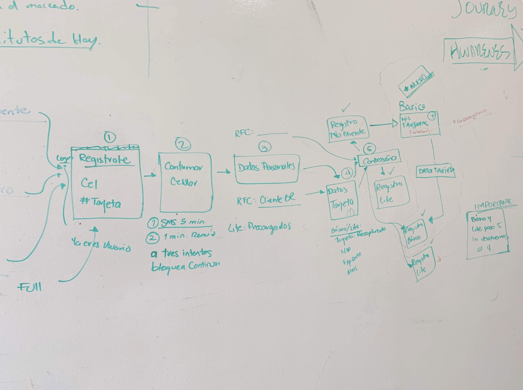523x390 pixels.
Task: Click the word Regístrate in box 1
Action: tap(104, 159)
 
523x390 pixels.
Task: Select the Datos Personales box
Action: tap(267, 168)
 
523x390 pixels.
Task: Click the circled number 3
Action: tap(265, 147)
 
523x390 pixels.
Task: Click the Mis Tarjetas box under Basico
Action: tap(419, 124)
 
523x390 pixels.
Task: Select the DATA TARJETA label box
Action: tap(436, 171)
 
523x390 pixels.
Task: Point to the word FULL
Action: tap(29, 287)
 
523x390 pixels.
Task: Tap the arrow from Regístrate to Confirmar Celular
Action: tap(150, 175)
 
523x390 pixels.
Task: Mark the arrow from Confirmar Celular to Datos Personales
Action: tap(224, 171)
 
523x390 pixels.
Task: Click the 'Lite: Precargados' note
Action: tap(259, 227)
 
